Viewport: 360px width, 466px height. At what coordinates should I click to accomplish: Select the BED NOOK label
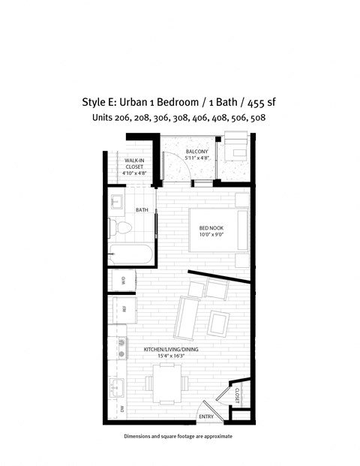click(211, 229)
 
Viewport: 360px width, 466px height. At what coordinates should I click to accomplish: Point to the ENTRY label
click(205, 416)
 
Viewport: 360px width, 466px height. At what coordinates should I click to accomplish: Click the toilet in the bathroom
click(122, 227)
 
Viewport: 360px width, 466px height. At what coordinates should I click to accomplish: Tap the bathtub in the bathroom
click(131, 254)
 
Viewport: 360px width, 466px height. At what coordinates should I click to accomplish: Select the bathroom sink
click(118, 202)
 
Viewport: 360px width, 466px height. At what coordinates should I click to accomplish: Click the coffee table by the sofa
click(220, 322)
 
